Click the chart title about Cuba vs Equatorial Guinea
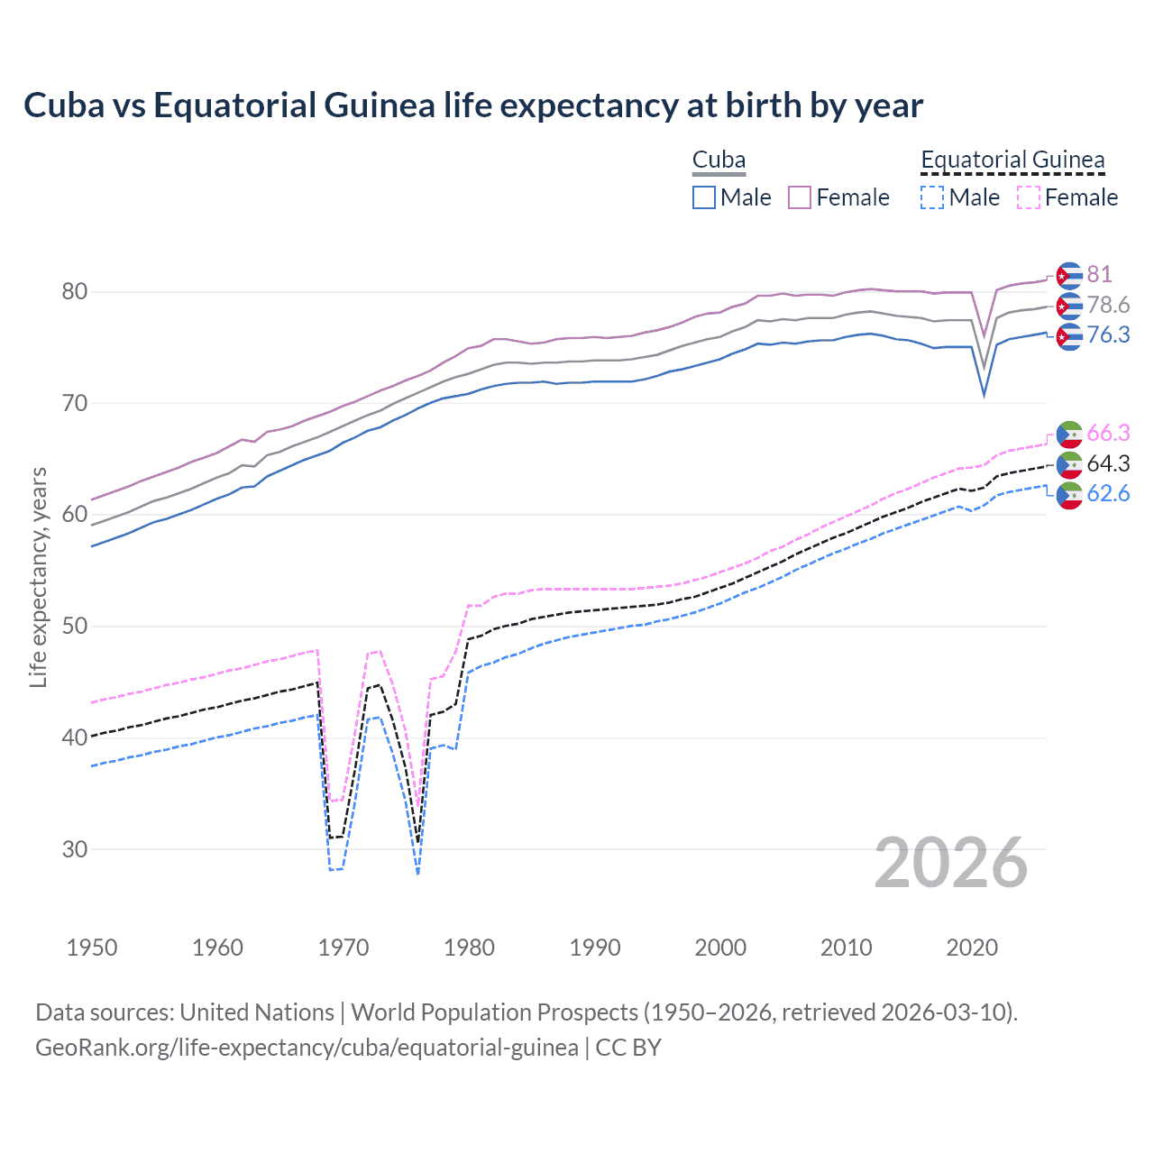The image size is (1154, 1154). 473,105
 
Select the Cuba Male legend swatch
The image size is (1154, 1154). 704,197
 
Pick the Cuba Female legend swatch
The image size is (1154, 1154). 800,197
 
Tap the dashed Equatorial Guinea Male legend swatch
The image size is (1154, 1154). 932,197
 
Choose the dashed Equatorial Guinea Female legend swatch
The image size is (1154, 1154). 1029,197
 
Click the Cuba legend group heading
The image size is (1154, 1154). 719,160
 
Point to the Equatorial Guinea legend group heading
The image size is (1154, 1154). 1012,160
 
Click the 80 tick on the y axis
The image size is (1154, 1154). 75,291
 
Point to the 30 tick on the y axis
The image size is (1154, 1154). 75,849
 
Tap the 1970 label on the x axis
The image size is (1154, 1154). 343,948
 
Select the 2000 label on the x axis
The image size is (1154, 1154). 720,948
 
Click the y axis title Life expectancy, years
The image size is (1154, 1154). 39,577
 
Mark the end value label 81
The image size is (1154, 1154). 1099,274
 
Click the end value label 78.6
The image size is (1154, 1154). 1108,305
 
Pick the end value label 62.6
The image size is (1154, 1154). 1108,493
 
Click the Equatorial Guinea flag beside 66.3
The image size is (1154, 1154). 1068,435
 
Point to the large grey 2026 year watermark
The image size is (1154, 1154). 951,863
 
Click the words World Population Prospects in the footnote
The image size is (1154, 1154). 493,1012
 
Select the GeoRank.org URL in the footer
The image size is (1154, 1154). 307,1048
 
